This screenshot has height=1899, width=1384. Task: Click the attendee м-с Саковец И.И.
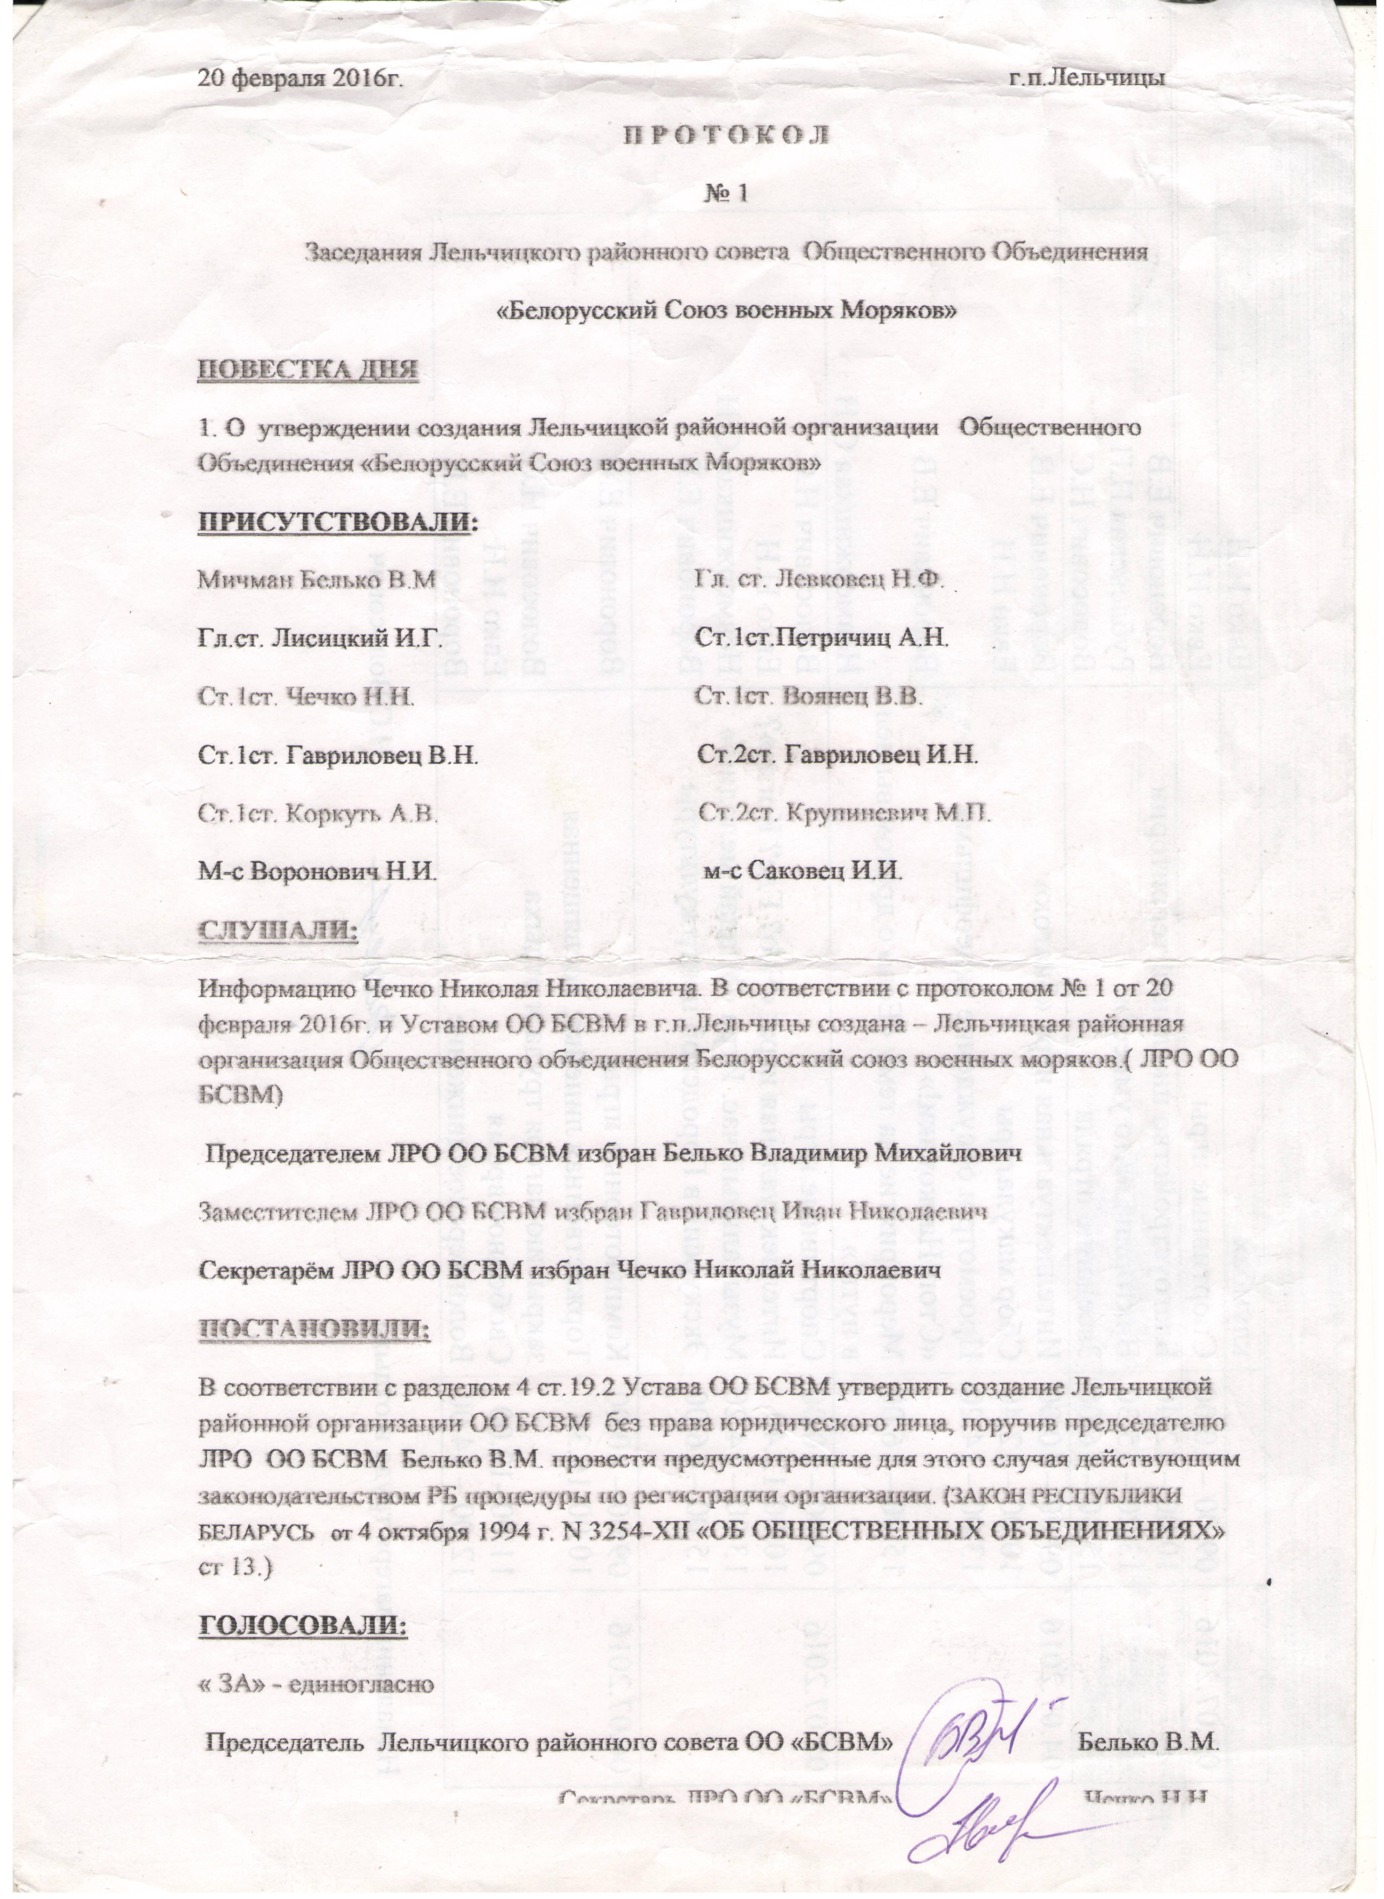click(802, 872)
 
